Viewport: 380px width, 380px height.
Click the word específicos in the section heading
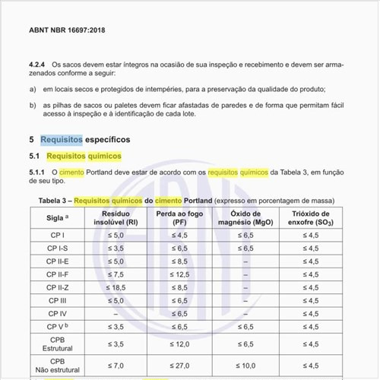[109, 140]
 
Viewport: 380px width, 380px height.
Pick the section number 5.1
[35, 156]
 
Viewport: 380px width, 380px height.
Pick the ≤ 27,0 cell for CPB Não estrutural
[180, 366]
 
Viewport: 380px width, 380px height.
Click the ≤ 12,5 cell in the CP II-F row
[180, 274]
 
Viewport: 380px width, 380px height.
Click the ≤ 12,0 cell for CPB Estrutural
[180, 344]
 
